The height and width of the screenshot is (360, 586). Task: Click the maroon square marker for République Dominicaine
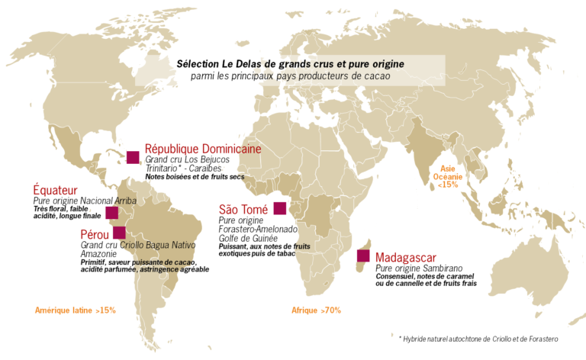click(134, 157)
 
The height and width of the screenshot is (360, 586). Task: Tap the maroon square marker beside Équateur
click(111, 213)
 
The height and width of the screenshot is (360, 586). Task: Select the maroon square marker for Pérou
click(119, 232)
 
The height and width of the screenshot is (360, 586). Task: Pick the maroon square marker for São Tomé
click(279, 208)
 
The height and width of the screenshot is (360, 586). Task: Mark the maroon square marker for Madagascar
click(362, 256)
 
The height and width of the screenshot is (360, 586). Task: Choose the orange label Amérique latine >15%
click(76, 310)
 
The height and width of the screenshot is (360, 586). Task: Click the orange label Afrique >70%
click(316, 310)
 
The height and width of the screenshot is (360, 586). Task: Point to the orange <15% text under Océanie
click(448, 185)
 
